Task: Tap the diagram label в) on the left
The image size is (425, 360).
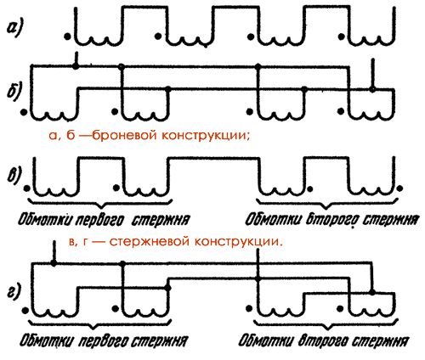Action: [x=14, y=176]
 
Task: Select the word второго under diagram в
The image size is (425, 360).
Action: [x=331, y=220]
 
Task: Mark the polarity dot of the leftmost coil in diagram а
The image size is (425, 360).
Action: [x=67, y=37]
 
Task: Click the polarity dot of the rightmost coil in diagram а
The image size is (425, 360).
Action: [x=343, y=37]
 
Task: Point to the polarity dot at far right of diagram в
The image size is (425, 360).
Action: [x=399, y=188]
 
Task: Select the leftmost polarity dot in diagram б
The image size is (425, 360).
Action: [x=25, y=112]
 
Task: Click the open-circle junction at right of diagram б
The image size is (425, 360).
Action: [x=373, y=90]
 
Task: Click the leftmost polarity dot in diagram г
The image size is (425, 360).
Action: [x=25, y=310]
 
